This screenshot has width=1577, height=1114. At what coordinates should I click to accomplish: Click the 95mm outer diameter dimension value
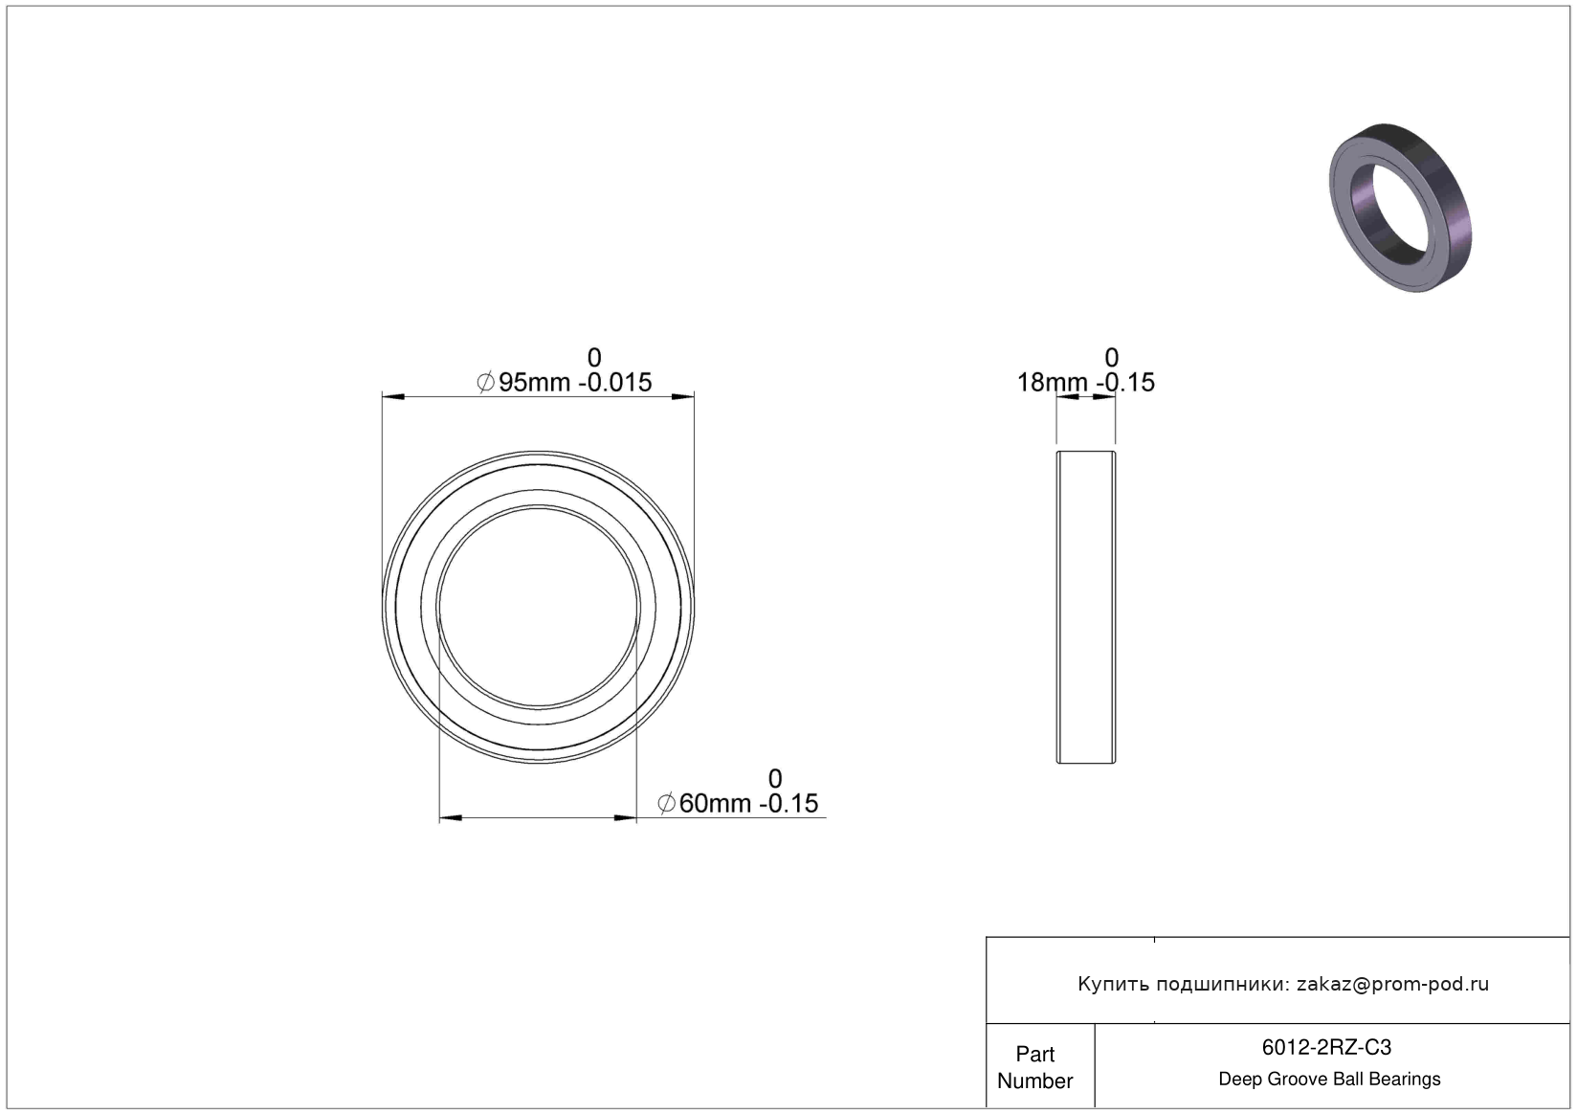(534, 383)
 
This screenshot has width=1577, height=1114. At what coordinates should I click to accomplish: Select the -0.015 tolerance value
(615, 383)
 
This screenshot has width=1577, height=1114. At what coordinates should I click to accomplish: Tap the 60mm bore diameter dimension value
(715, 804)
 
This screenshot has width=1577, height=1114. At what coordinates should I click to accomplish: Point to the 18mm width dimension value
(1053, 383)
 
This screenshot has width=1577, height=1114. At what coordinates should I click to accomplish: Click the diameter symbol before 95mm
(485, 383)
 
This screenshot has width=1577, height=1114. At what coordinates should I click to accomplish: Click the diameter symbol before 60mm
(666, 804)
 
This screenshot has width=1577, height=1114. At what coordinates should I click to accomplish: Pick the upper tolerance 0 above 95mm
(594, 358)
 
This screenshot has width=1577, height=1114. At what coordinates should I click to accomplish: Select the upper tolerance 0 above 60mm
(775, 779)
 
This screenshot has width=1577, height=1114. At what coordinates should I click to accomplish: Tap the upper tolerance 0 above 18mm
(1112, 358)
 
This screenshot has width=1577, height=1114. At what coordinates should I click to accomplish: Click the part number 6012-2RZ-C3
(1326, 1048)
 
